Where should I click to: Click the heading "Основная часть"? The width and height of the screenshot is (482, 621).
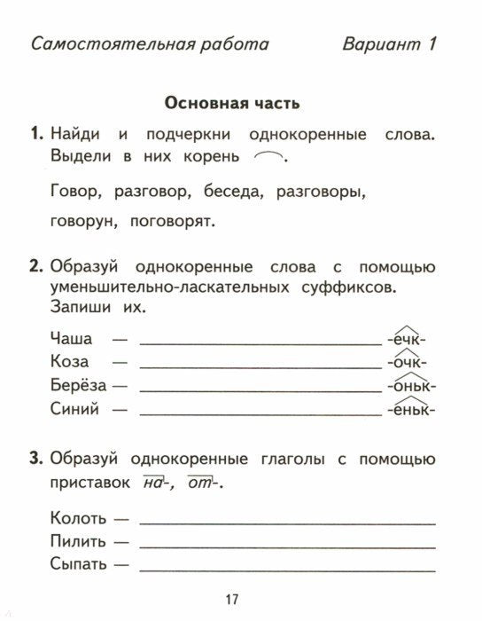tap(232, 103)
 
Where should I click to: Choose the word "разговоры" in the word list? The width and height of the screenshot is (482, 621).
tap(322, 191)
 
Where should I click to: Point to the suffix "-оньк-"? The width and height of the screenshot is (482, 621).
tap(412, 387)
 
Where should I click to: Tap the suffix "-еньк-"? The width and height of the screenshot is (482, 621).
tap(412, 411)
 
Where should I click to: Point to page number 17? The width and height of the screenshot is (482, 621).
tap(232, 600)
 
